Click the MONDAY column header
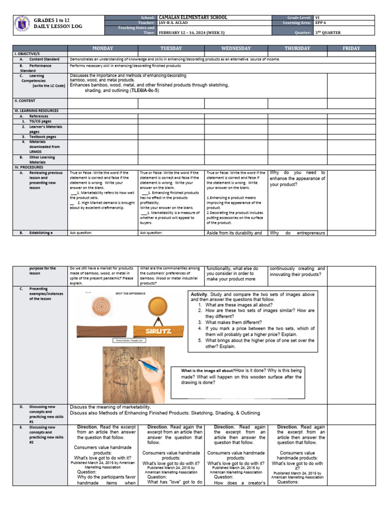(103, 48)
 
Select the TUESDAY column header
(171, 48)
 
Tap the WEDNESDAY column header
(236, 48)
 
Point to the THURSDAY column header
(297, 48)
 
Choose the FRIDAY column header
(351, 48)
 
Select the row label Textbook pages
(42, 137)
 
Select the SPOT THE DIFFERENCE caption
(131, 293)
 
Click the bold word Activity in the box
(199, 295)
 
